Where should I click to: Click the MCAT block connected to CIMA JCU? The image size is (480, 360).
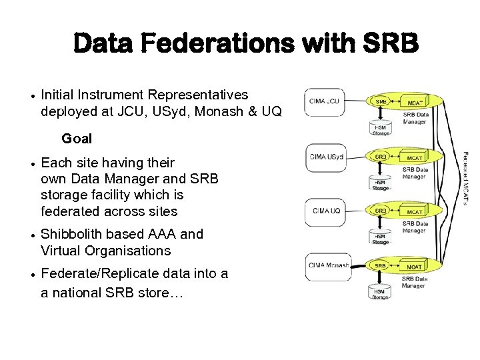(414, 103)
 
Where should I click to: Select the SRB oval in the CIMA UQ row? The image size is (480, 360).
(380, 211)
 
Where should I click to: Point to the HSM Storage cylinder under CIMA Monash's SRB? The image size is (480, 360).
(380, 293)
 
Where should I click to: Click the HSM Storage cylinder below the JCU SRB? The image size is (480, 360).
(380, 129)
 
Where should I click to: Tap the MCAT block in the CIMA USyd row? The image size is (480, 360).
(414, 157)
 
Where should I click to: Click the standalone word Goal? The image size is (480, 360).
(77, 139)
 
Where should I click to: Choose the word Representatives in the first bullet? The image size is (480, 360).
(198, 95)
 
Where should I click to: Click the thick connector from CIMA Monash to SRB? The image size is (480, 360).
(359, 265)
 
